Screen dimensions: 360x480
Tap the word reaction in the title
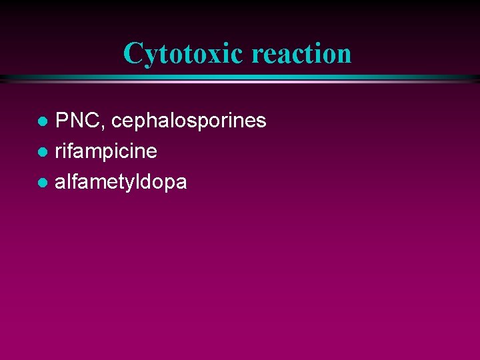coord(301,53)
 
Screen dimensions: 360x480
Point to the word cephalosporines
coord(189,121)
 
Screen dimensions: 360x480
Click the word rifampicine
coord(106,151)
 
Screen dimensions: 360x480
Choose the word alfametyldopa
coord(121,181)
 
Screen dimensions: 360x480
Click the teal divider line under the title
coord(240,79)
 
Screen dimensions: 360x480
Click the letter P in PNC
coord(63,121)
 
